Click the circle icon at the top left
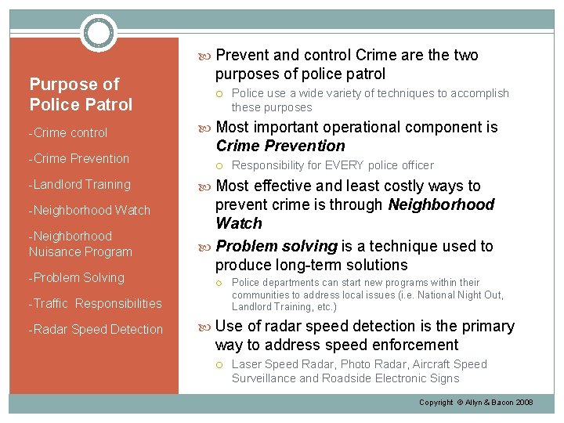[x=99, y=33]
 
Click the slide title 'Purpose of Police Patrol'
[x=81, y=94]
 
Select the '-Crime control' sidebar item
[x=68, y=133]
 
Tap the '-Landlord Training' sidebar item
[x=79, y=185]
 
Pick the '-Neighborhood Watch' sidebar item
[x=89, y=210]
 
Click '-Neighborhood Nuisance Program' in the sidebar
[x=80, y=244]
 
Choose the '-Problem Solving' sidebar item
[x=76, y=278]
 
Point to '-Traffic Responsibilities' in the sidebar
[x=95, y=304]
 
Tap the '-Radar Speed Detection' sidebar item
[x=96, y=330]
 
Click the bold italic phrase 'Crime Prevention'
[x=280, y=146]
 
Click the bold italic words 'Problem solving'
[x=276, y=246]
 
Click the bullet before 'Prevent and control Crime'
[x=208, y=56]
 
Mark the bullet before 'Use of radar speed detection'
[x=208, y=327]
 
